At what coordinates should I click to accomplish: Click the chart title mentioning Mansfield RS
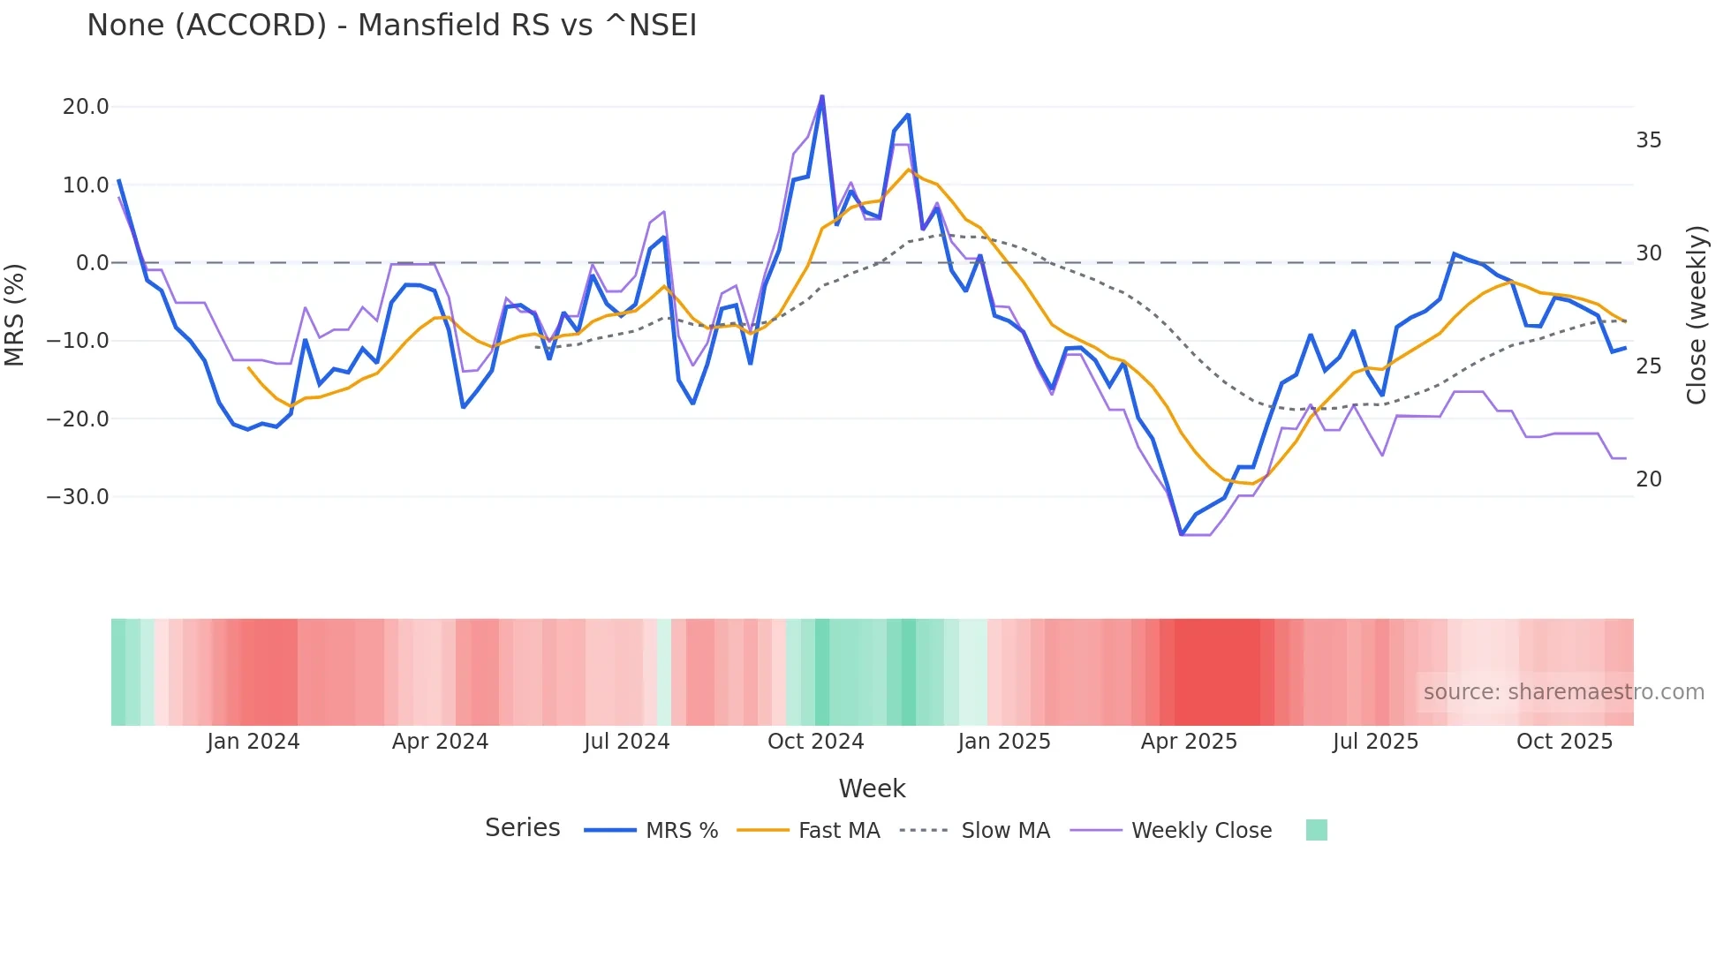point(391,25)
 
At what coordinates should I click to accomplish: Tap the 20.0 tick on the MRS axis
point(85,107)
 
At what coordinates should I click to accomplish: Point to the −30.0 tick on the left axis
point(78,496)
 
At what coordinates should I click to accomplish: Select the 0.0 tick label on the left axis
point(92,262)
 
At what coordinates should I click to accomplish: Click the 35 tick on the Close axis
point(1648,140)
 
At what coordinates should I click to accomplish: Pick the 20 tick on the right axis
point(1648,479)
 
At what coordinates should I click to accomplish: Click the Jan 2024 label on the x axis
point(253,742)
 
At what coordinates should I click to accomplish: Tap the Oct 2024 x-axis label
point(815,742)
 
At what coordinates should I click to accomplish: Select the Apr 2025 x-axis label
point(1189,742)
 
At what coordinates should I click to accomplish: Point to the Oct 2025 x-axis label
point(1564,742)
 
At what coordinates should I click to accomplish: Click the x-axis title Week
point(872,788)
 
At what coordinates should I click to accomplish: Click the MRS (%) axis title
point(15,314)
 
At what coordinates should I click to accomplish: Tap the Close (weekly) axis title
point(1696,314)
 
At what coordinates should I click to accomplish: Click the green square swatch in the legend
point(1316,830)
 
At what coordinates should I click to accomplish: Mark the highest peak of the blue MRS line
point(822,96)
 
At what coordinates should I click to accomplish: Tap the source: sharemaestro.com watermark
point(1563,692)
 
